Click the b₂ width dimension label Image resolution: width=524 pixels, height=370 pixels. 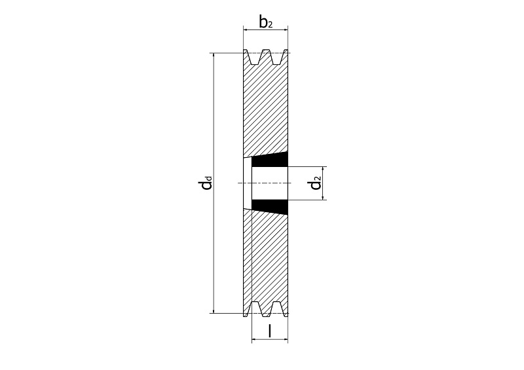pos(266,22)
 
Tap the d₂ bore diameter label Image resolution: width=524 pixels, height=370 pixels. pos(316,183)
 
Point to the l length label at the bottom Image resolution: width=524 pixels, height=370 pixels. pos(270,331)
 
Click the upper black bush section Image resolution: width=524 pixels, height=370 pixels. pos(270,160)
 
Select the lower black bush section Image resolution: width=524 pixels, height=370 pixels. pos(270,206)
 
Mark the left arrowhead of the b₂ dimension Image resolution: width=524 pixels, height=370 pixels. pos(246,30)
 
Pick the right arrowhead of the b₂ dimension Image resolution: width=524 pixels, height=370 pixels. pos(285,30)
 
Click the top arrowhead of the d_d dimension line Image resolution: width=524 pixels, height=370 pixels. pos(214,56)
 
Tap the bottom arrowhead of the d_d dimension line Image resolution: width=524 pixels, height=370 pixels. pos(214,310)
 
